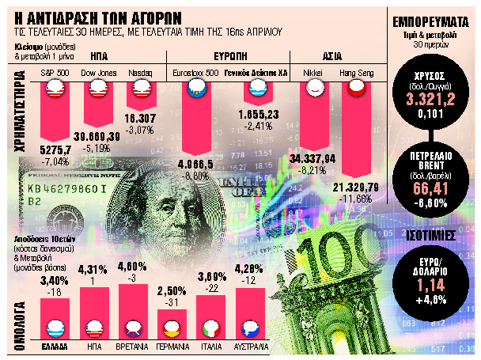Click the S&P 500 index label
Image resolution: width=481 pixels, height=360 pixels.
[x=55, y=73]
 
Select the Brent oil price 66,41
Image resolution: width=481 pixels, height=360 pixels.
[x=427, y=189]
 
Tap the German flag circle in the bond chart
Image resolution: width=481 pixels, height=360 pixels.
[x=172, y=325]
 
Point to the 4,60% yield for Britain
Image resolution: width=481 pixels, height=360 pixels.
[x=131, y=267]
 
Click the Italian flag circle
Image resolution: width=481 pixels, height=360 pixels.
[x=210, y=325]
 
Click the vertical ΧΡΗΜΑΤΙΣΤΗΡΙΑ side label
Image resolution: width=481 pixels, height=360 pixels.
[x=18, y=131]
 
